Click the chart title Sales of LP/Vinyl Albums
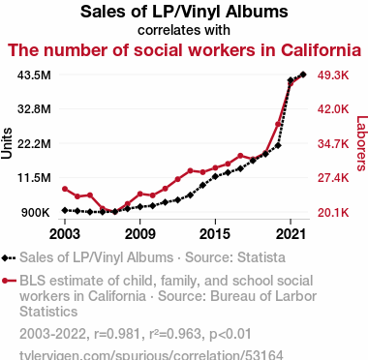tap(184, 12)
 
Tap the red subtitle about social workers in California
tap(184, 50)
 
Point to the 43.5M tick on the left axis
tap(35, 75)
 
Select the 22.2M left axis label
tap(35, 143)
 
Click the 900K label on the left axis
tap(35, 213)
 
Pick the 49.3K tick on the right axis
tap(333, 75)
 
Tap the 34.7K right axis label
tap(333, 143)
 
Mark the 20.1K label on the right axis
tap(333, 213)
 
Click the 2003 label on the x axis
tap(65, 234)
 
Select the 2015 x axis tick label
tap(215, 234)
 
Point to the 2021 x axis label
tap(291, 234)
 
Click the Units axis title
tap(7, 143)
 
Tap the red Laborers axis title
tap(361, 143)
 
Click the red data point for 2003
tap(65, 189)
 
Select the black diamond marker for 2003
tap(65, 210)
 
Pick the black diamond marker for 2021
tap(291, 80)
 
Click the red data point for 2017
tap(240, 156)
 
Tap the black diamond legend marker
tap(5, 258)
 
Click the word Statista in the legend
tap(261, 257)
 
